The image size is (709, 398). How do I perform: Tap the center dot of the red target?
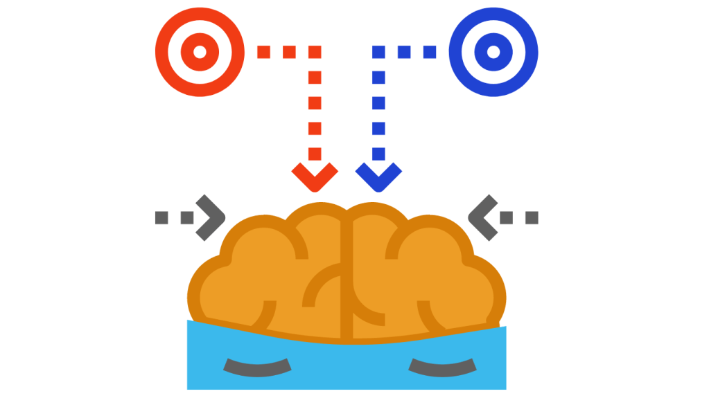tap(200, 51)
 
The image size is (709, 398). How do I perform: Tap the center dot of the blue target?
tap(493, 51)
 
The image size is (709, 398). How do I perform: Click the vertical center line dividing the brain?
tap(347, 277)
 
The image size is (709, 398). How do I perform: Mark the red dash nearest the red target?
tap(263, 51)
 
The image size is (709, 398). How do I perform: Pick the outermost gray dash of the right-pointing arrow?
tap(161, 217)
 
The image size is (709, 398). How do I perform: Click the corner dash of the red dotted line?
tap(315, 51)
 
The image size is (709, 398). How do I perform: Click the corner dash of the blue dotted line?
tap(378, 51)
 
